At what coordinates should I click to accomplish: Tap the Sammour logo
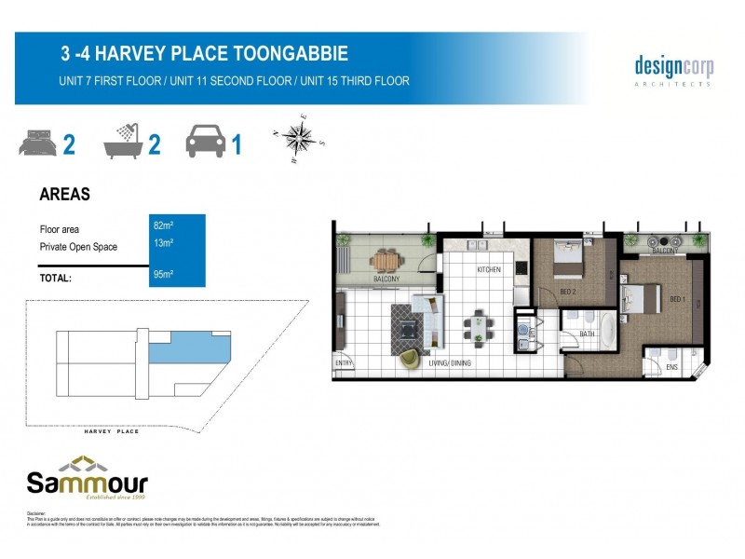pyautogui.click(x=87, y=477)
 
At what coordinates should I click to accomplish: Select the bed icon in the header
pyautogui.click(x=36, y=145)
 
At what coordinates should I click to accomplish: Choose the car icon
pyautogui.click(x=206, y=144)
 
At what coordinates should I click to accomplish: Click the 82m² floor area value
pyautogui.click(x=163, y=225)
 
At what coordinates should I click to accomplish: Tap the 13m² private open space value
pyautogui.click(x=163, y=243)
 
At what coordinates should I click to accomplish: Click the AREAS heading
pyautogui.click(x=64, y=196)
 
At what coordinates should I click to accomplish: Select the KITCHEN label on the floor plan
pyautogui.click(x=489, y=270)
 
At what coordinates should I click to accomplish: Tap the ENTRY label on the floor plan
pyautogui.click(x=345, y=364)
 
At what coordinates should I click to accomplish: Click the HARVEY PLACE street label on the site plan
pyautogui.click(x=111, y=432)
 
